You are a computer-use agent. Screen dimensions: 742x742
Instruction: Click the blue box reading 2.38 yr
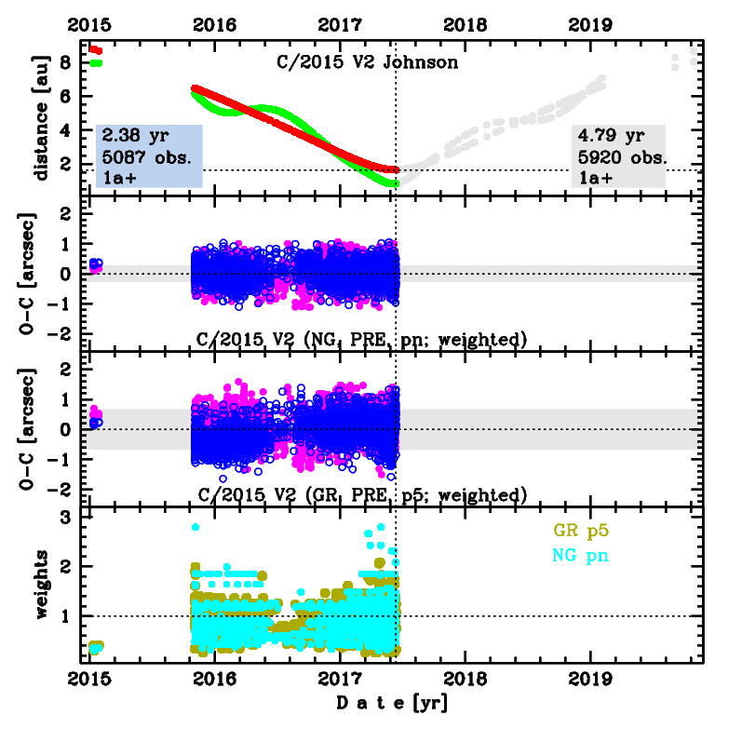coord(150,155)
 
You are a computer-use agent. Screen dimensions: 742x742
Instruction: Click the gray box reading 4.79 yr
coord(618,155)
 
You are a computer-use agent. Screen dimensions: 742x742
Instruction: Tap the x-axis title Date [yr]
coord(392,704)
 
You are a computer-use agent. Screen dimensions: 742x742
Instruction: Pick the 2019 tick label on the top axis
coord(590,25)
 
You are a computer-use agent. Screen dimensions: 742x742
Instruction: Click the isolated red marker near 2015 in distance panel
coord(96,49)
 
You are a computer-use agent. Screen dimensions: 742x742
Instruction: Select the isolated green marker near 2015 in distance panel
coord(97,62)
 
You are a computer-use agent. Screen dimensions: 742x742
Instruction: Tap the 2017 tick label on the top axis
coord(340,25)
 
